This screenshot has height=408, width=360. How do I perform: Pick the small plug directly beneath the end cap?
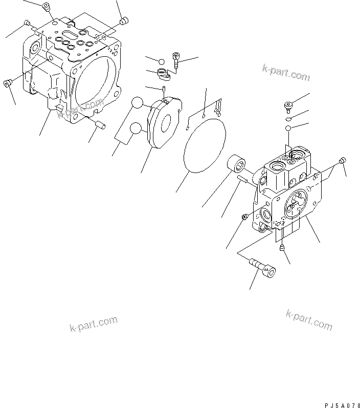pos(282,248)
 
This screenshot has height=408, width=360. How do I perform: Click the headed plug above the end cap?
pos(287,106)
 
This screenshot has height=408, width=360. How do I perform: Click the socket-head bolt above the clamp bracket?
pos(176,60)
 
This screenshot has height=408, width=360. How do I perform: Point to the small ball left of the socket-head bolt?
pos(161,60)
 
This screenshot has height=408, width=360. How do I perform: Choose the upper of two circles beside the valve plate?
pos(138,104)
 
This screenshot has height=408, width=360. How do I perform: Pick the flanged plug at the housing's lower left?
pos(8,83)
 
